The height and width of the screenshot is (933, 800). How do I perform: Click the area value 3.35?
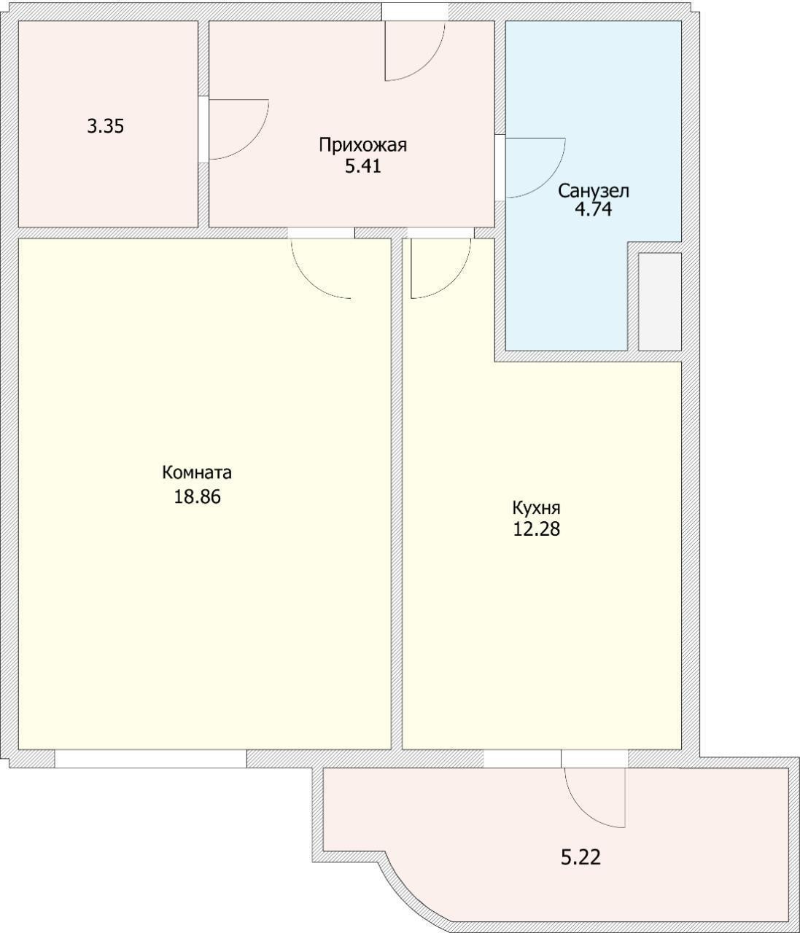pos(105,126)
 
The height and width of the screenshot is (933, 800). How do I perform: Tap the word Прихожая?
pos(362,145)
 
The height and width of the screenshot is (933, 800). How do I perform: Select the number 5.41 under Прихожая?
pos(362,167)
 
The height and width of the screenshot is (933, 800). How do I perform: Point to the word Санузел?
pos(593,191)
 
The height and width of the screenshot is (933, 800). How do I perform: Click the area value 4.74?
pos(593,209)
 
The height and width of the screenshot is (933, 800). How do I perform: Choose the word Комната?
pos(196,472)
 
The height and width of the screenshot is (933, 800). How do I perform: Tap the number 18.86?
pos(198,496)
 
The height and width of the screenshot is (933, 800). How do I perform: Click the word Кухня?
pos(536,508)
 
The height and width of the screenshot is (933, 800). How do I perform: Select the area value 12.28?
pos(536,528)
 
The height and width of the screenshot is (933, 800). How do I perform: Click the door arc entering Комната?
pos(309,281)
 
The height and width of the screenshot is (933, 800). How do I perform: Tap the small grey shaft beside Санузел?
pos(659,302)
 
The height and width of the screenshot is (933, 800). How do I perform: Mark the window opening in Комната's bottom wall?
pos(150,759)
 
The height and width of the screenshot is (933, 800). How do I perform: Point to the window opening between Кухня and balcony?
pos(523,759)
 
